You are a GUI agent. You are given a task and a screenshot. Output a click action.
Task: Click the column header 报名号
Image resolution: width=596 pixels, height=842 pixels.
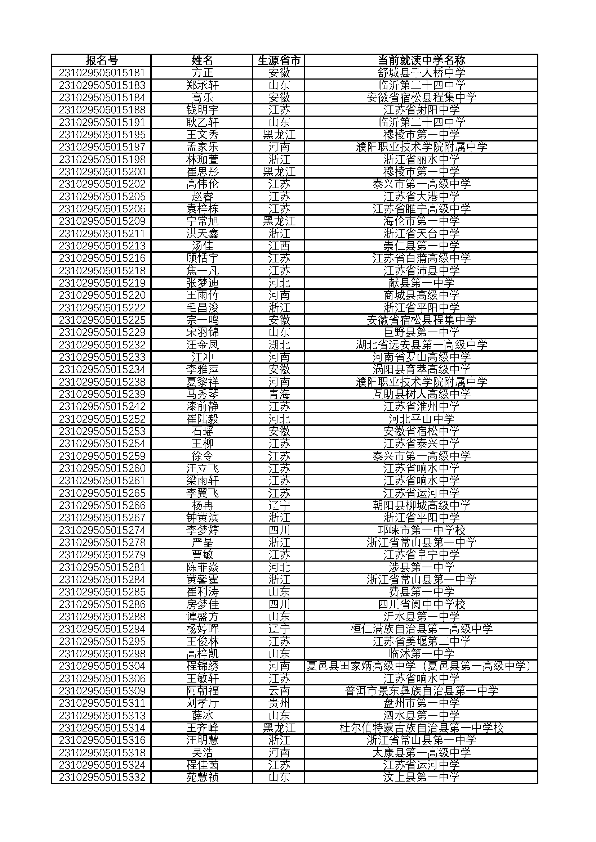click(x=102, y=60)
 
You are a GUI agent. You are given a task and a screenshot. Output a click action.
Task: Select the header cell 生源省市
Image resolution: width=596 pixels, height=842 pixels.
click(x=279, y=60)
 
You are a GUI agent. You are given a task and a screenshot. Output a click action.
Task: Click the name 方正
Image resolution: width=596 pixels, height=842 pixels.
click(x=202, y=73)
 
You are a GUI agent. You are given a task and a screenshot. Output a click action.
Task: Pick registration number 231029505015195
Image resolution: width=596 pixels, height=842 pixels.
click(x=102, y=135)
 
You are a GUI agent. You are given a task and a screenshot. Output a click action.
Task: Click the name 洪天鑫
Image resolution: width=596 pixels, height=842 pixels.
click(x=202, y=234)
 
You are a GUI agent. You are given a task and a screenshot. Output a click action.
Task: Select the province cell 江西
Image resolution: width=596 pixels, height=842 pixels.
click(x=279, y=246)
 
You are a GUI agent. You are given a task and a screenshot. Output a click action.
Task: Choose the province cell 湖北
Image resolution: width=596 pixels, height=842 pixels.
click(x=279, y=345)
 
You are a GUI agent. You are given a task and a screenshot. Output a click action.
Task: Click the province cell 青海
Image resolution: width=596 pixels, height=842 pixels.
click(x=279, y=394)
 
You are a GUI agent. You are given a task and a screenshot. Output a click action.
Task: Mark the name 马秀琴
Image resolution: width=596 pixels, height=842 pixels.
click(x=202, y=394)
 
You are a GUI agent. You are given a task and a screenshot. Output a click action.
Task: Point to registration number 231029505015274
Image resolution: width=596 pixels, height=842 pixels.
click(x=102, y=530)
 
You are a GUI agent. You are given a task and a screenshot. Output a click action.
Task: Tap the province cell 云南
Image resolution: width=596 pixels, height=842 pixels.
click(x=279, y=691)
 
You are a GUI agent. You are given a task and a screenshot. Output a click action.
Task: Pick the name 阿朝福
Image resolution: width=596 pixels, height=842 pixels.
click(x=202, y=691)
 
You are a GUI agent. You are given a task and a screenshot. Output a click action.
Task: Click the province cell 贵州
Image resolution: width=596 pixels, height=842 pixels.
click(x=279, y=703)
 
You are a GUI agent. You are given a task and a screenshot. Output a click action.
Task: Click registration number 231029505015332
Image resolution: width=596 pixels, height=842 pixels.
click(x=102, y=777)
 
